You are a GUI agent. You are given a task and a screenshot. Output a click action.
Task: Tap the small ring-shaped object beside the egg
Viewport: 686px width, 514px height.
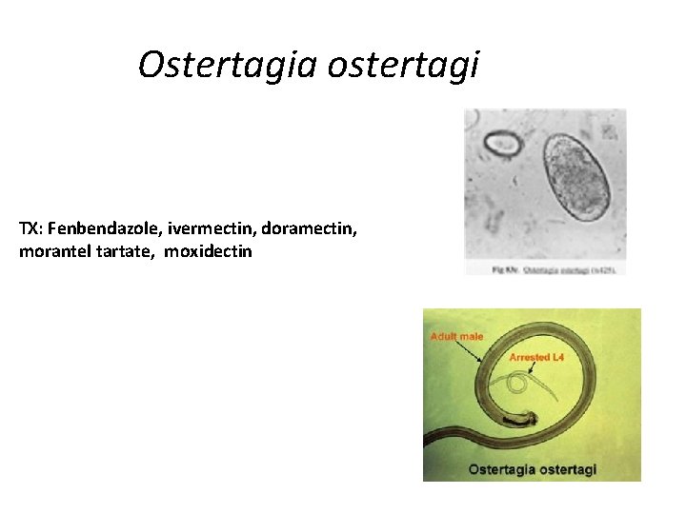[x=502, y=145]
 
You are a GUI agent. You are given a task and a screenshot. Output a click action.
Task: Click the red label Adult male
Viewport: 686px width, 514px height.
[x=457, y=336]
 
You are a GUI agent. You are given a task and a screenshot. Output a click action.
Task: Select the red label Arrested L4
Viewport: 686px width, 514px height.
[x=537, y=357]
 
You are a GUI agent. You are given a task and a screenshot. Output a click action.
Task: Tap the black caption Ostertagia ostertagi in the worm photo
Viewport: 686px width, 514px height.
[x=533, y=469]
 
